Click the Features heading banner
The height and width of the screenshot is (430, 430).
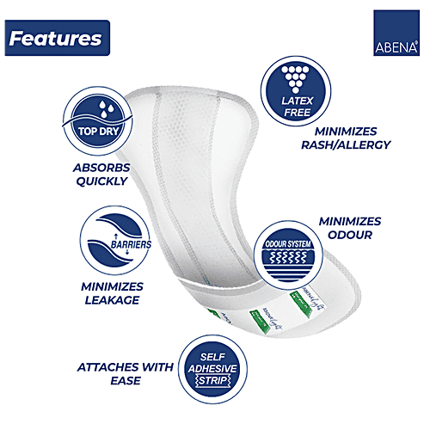55,39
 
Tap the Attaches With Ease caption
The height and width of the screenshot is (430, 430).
124,373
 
